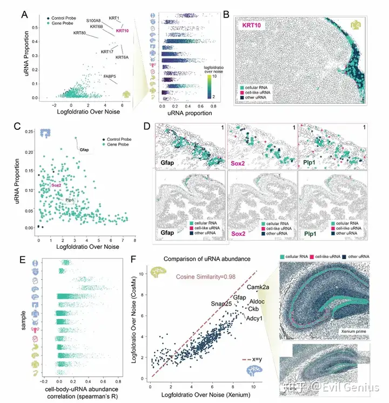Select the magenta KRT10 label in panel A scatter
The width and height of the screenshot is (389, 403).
pos(123,31)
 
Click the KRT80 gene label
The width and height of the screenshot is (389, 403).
pos(80,34)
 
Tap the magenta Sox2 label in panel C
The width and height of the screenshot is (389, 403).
pos(56,186)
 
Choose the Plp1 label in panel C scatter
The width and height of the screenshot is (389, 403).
pos(70,200)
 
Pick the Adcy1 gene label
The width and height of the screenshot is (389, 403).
pos(255,318)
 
